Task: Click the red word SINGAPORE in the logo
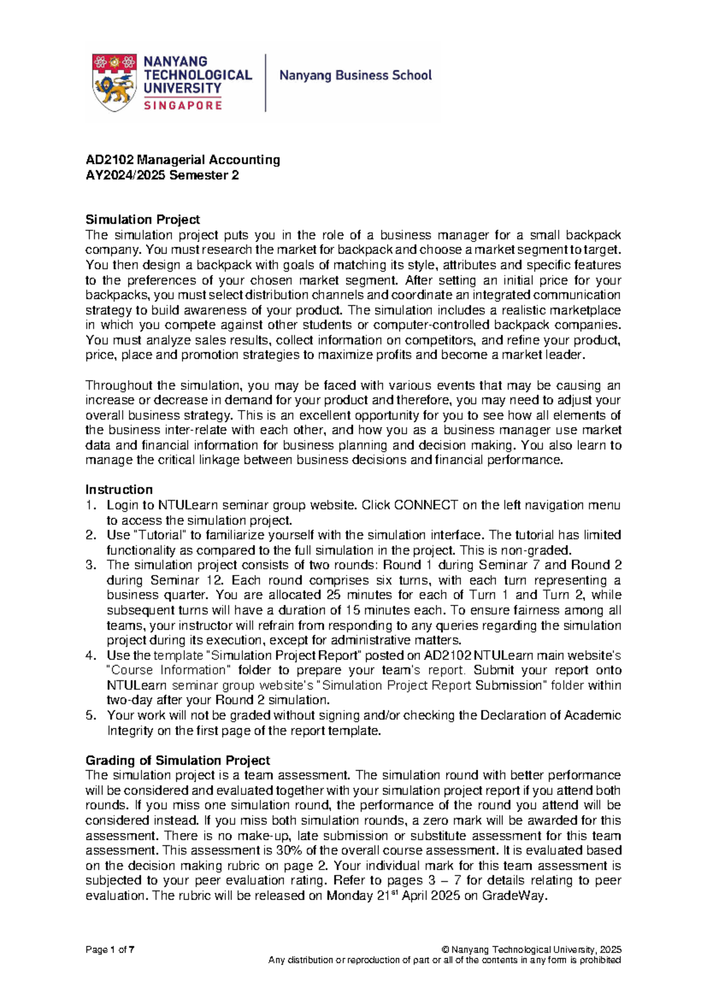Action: (183, 105)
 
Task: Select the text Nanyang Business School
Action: (355, 75)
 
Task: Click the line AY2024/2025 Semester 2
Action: (162, 175)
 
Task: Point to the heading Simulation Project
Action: (143, 220)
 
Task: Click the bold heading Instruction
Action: (119, 489)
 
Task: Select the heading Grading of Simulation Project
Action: (177, 760)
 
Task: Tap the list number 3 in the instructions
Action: (90, 565)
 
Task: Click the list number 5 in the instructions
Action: (90, 715)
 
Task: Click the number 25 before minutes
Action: (333, 595)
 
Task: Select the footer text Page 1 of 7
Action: (110, 950)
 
